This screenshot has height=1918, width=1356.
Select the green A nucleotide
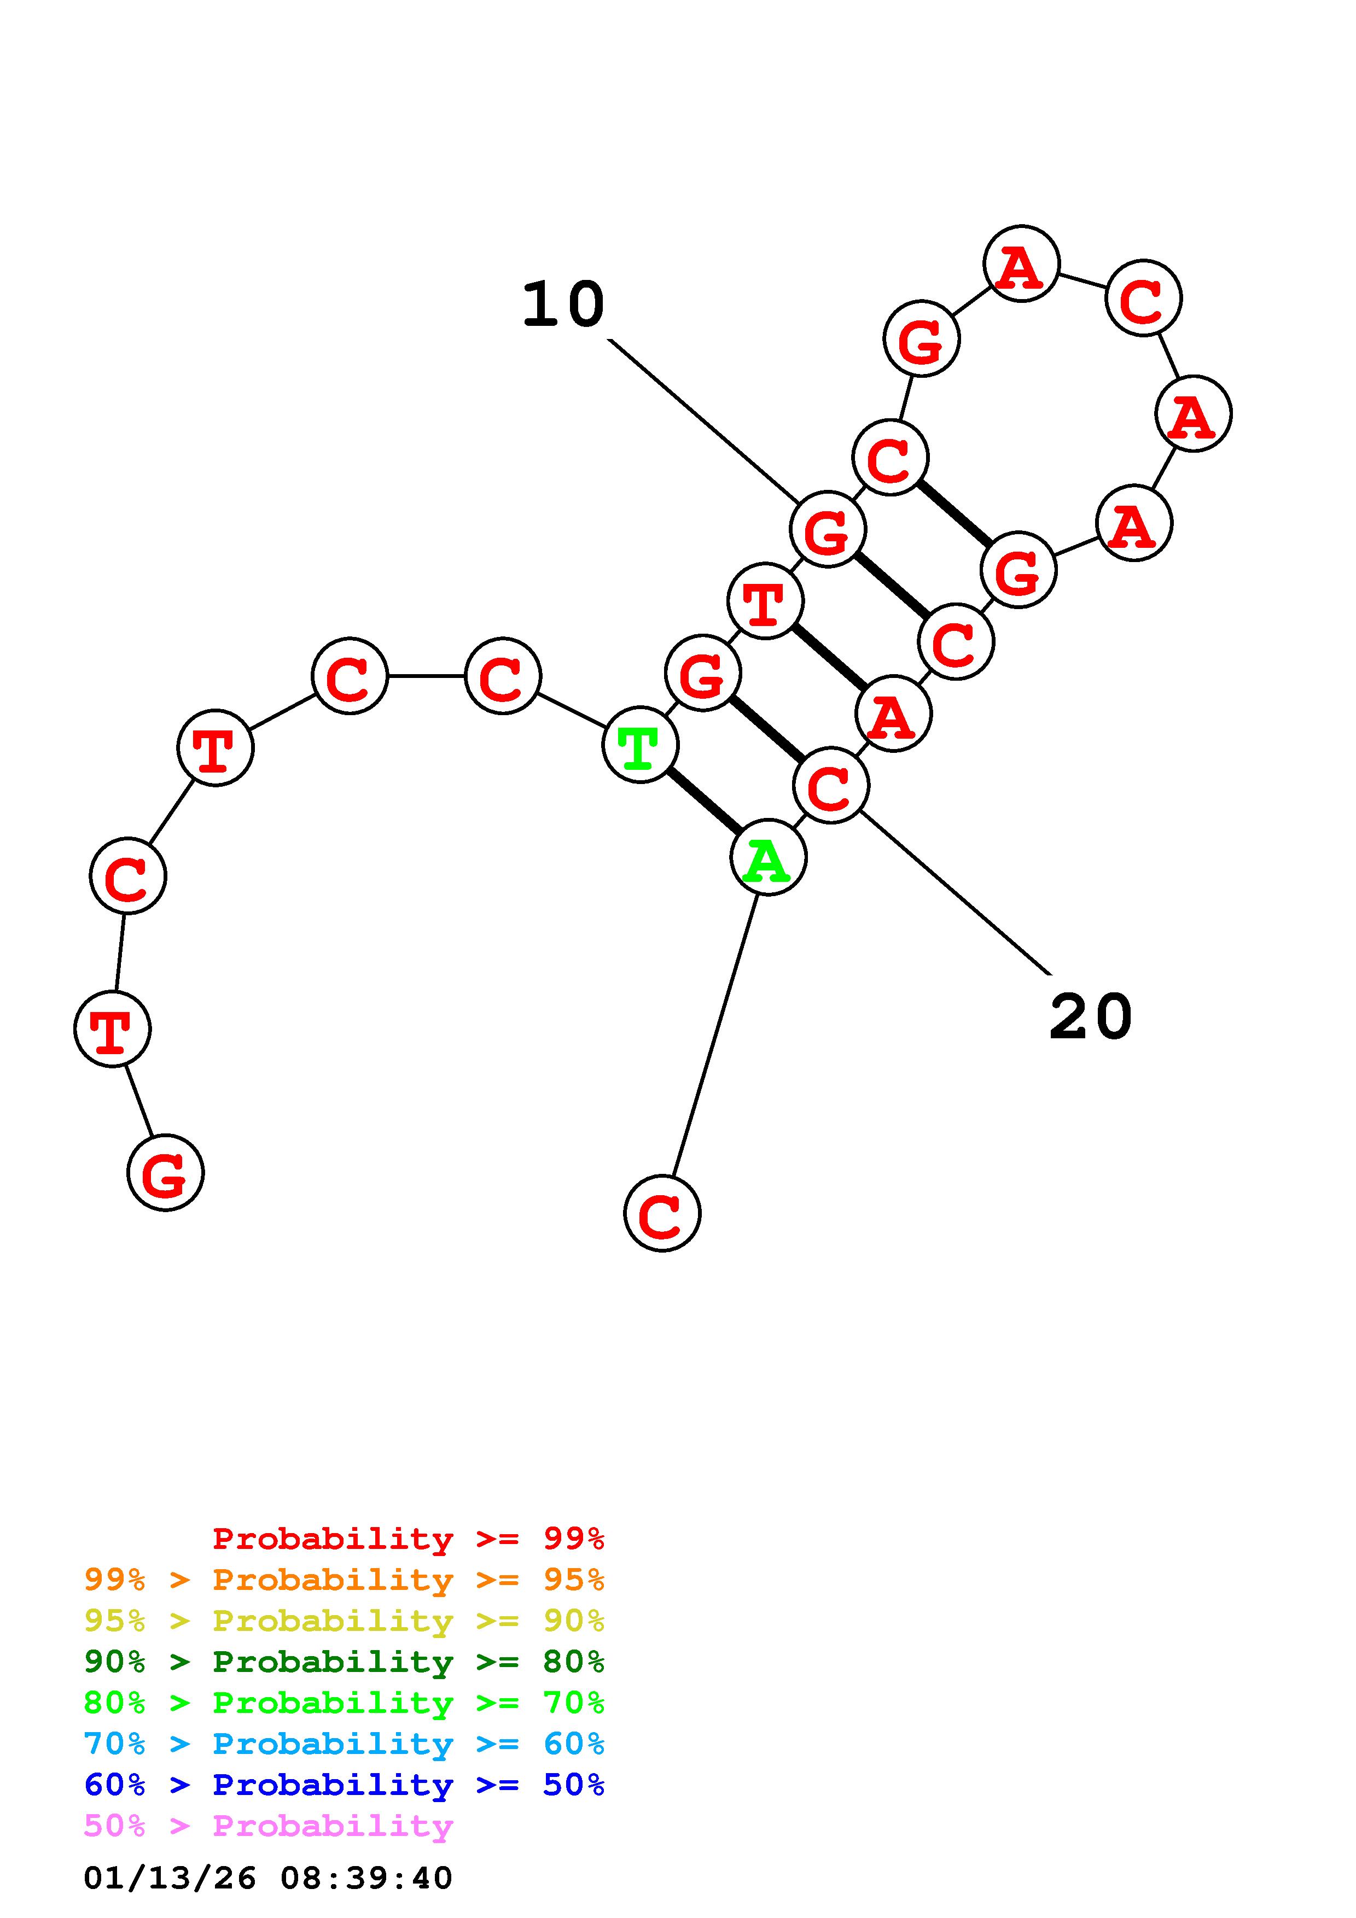[x=768, y=858]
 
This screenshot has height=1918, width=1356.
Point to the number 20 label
[x=1090, y=1018]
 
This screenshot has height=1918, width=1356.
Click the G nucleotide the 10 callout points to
[x=827, y=530]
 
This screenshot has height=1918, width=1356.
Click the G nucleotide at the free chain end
[x=165, y=1173]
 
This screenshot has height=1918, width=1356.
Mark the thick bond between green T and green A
[x=703, y=801]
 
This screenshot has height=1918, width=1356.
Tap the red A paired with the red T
[x=893, y=714]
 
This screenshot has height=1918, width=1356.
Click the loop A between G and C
[x=1021, y=264]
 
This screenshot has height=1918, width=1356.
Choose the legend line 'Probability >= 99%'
[x=408, y=1539]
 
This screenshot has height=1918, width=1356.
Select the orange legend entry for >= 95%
[x=344, y=1580]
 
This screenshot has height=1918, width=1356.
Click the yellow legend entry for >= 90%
[x=344, y=1621]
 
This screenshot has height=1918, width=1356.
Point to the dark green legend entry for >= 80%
[x=344, y=1662]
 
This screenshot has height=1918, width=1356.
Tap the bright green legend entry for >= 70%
[x=344, y=1703]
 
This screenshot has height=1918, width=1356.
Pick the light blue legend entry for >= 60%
[x=344, y=1744]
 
